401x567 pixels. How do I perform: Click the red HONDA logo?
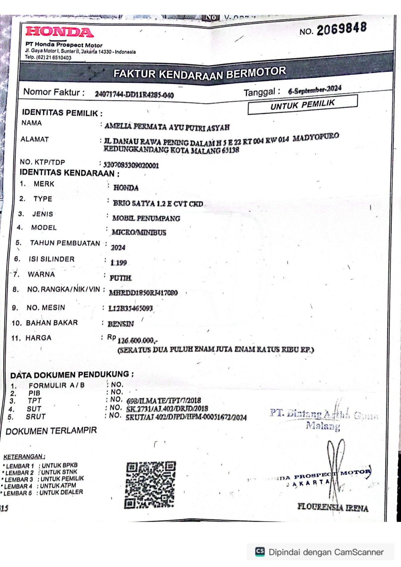[x=59, y=32]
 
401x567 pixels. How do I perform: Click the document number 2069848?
[x=341, y=29]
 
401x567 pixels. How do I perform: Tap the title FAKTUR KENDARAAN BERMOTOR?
[x=199, y=73]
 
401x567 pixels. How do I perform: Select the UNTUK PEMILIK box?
[x=302, y=105]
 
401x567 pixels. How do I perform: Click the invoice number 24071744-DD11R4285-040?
[x=134, y=94]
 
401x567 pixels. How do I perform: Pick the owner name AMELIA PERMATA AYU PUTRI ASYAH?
[x=167, y=127]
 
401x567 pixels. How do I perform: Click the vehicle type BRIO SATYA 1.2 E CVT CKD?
[x=158, y=203]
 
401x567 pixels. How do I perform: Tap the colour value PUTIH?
[x=121, y=278]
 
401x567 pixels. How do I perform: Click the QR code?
[x=150, y=485]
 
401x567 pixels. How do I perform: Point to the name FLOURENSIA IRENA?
[x=333, y=508]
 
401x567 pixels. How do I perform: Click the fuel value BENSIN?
[x=121, y=324]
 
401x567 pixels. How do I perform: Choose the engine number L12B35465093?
[x=130, y=308]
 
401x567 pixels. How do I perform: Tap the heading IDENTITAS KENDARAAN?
[x=69, y=173]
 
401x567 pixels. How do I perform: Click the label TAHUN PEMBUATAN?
[x=65, y=243]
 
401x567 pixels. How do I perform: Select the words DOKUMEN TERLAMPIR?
[x=51, y=431]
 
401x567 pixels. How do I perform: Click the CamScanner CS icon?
[x=260, y=552]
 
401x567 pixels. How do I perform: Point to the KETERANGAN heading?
[x=24, y=456]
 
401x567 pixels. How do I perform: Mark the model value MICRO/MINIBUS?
[x=139, y=232]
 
